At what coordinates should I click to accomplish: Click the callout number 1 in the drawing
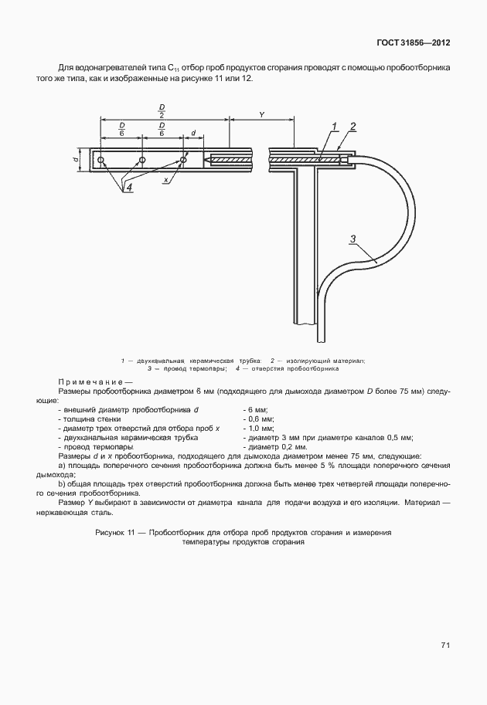[334, 126]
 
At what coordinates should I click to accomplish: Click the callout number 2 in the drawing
[352, 126]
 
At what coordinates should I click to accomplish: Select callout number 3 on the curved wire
[352, 239]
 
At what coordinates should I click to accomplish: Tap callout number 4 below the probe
[129, 188]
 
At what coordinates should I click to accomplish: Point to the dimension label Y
[261, 114]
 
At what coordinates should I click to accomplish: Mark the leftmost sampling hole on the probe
[101, 160]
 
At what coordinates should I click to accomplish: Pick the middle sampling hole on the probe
[142, 160]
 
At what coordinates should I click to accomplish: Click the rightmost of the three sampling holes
[183, 160]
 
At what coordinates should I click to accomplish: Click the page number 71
[445, 646]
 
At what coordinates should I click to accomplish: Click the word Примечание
[88, 382]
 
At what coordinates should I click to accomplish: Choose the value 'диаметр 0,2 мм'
[275, 447]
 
